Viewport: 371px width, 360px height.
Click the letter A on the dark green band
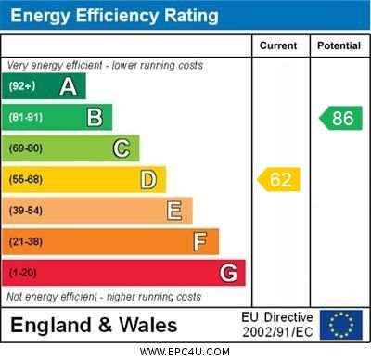68,86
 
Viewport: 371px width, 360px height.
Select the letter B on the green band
95,117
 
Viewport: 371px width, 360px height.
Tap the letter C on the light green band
122,148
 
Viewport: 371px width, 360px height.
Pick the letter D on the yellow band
148,179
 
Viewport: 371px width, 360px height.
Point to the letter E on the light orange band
174,211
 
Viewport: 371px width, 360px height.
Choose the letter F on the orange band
200,242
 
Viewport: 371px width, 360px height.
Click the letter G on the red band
228,273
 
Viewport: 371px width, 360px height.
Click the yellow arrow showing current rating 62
279,179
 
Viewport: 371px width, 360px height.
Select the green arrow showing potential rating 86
340,118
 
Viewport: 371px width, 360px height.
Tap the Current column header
278,45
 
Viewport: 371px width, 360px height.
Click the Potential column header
339,45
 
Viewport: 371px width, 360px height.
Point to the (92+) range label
22,86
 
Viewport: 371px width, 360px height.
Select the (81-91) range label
26,118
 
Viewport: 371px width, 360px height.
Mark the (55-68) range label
26,180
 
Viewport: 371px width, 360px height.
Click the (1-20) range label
22,274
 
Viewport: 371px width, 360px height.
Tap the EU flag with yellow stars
340,325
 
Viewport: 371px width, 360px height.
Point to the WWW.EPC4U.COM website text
185,352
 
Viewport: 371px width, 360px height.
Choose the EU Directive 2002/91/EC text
277,325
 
